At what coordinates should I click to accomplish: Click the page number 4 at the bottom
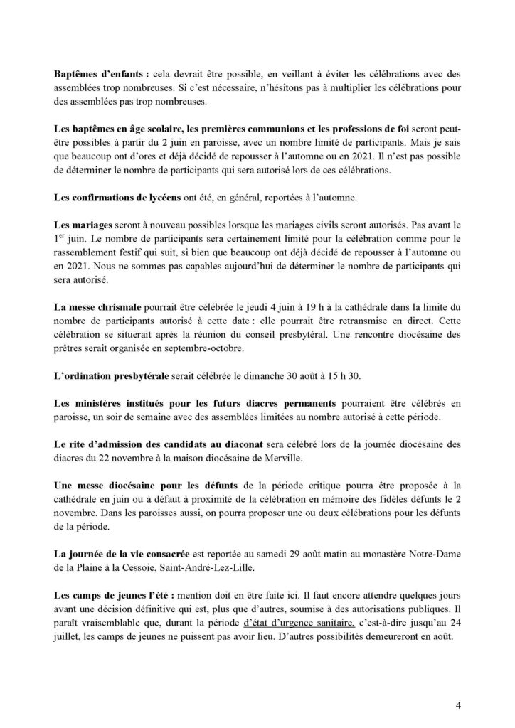click(x=459, y=705)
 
